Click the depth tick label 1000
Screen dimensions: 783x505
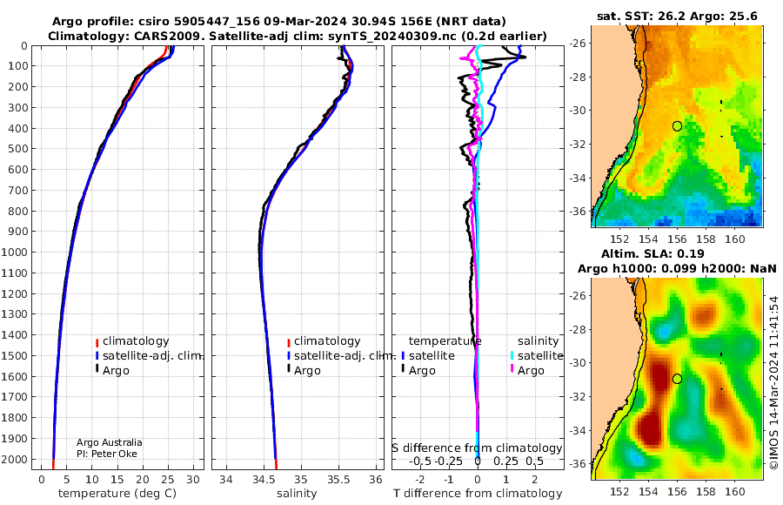coord(14,252)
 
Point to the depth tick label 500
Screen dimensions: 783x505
coord(17,149)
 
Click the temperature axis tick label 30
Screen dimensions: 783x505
coord(193,480)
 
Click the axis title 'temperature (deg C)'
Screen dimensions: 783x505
coord(117,494)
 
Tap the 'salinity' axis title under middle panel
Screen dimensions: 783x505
coord(298,494)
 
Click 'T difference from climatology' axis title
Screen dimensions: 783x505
coord(478,494)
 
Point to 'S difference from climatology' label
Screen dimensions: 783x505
coord(478,448)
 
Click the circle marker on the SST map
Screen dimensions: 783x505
coord(677,126)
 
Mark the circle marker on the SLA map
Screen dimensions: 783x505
coord(677,379)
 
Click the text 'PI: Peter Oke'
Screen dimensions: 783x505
coord(107,454)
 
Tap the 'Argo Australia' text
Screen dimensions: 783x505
coord(110,442)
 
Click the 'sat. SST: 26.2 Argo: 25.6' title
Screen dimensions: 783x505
coord(677,16)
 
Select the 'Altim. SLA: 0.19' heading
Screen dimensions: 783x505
coord(652,253)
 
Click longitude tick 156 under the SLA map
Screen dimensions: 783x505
coord(677,491)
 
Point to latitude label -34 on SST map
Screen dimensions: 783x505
coord(578,178)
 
